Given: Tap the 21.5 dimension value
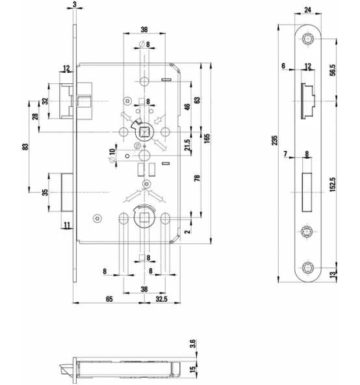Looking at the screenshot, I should (x=188, y=144).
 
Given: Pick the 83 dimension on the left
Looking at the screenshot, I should (x=25, y=146).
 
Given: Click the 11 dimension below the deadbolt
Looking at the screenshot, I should (x=67, y=225).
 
